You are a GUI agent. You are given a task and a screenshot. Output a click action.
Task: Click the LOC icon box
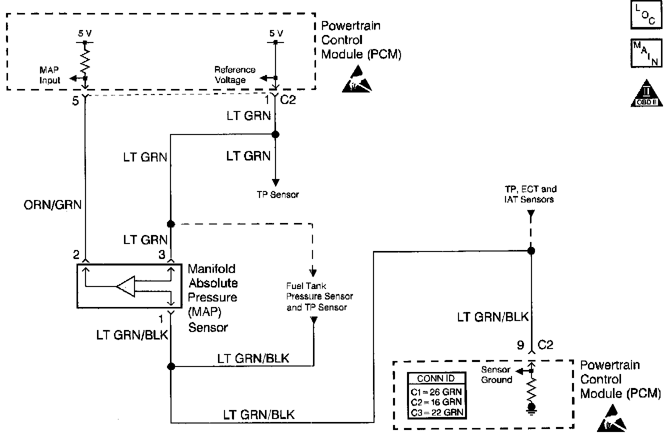pyautogui.click(x=646, y=14)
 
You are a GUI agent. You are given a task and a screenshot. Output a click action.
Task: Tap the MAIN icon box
pyautogui.click(x=646, y=53)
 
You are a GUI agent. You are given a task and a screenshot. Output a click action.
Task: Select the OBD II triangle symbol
pyautogui.click(x=646, y=93)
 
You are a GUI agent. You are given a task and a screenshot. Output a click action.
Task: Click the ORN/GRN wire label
pyautogui.click(x=52, y=205)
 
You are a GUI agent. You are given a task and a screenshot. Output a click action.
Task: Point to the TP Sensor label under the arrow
pyautogui.click(x=278, y=194)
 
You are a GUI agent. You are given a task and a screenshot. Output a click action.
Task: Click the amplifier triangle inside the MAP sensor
pyautogui.click(x=125, y=286)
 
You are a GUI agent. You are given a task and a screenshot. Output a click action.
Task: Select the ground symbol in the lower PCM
pyautogui.click(x=531, y=408)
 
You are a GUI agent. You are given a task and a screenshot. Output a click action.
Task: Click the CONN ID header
pyautogui.click(x=436, y=378)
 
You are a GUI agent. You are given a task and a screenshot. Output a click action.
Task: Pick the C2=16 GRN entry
pyautogui.click(x=436, y=402)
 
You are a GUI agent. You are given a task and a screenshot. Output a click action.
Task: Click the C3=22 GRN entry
pyautogui.click(x=437, y=412)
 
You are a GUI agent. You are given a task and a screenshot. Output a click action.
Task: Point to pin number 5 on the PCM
pyautogui.click(x=75, y=101)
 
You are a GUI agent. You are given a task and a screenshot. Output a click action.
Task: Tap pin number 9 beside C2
pyautogui.click(x=520, y=345)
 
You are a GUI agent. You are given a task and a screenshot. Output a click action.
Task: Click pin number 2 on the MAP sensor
pyautogui.click(x=76, y=255)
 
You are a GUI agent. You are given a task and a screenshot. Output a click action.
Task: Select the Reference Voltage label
pyautogui.click(x=234, y=74)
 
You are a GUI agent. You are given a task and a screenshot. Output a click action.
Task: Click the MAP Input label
pyautogui.click(x=49, y=75)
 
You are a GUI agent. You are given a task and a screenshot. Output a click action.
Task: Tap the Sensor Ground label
pyautogui.click(x=496, y=375)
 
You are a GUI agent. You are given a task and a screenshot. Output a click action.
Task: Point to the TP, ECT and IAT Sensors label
pyautogui.click(x=530, y=194)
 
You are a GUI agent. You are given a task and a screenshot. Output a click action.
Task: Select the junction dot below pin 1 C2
pyautogui.click(x=275, y=134)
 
